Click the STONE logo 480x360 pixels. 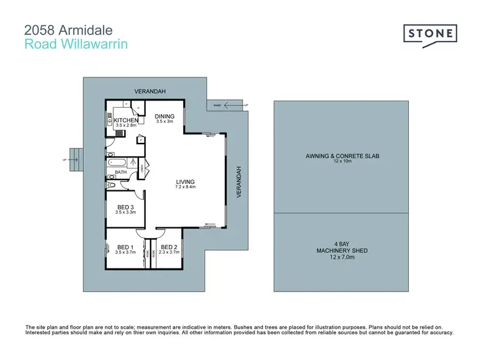point(429,33)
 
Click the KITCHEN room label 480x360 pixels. point(126,120)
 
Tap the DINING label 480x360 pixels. point(164,116)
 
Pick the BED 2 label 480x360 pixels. point(168,247)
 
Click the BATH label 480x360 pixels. point(120,172)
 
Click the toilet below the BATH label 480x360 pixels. point(113,185)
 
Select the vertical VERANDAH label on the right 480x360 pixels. point(239,182)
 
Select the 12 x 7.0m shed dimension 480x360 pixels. point(340,256)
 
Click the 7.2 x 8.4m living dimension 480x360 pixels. point(185,187)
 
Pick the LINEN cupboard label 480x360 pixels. point(142,169)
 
